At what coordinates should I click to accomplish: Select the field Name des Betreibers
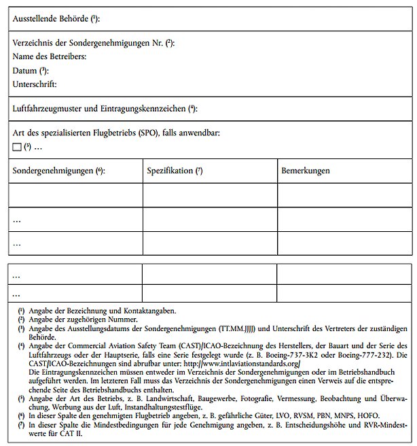click(x=50, y=56)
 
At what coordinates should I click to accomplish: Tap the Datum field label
click(x=25, y=70)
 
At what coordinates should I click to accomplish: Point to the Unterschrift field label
click(x=35, y=84)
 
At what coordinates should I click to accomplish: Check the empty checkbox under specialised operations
click(x=17, y=147)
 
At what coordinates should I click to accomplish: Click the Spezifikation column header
click(x=170, y=171)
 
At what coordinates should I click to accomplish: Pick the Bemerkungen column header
click(x=306, y=171)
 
